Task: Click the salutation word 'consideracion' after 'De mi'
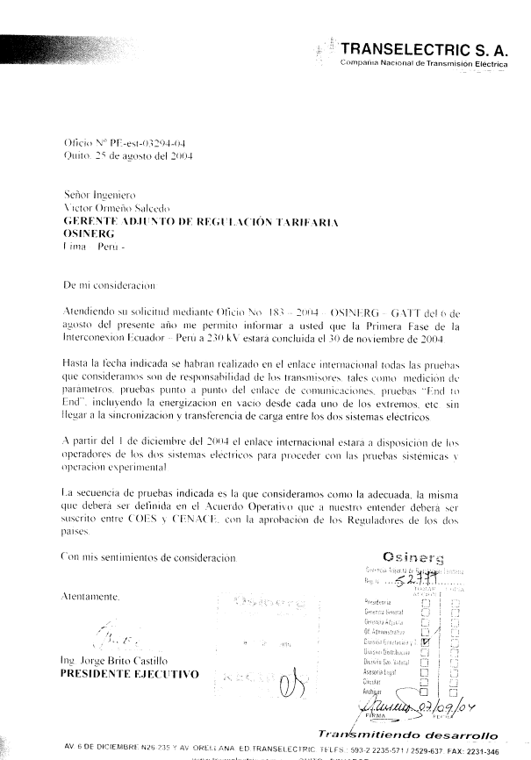121,285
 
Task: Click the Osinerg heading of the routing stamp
413,557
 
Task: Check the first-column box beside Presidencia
426,604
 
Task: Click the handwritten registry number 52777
415,580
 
